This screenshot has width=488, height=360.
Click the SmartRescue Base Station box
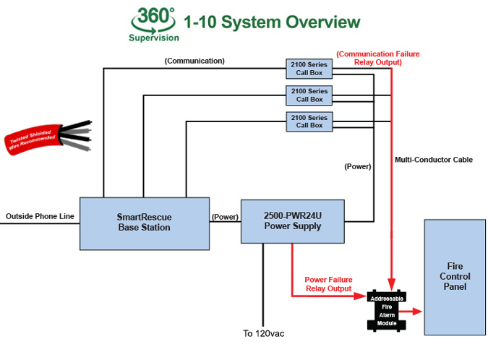point(143,222)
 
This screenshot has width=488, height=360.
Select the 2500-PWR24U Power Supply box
point(293,221)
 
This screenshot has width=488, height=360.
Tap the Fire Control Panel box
point(455,276)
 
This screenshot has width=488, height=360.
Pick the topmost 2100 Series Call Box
point(309,68)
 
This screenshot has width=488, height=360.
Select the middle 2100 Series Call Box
point(309,95)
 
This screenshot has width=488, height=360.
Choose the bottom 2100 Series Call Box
point(309,121)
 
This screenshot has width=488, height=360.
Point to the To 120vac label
point(264,334)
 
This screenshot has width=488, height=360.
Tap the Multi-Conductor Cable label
point(434,159)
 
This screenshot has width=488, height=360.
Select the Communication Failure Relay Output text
point(377,58)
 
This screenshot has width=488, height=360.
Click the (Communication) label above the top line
point(194,61)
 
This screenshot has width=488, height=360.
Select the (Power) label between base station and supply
point(224,216)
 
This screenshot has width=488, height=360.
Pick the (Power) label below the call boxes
point(357,166)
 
